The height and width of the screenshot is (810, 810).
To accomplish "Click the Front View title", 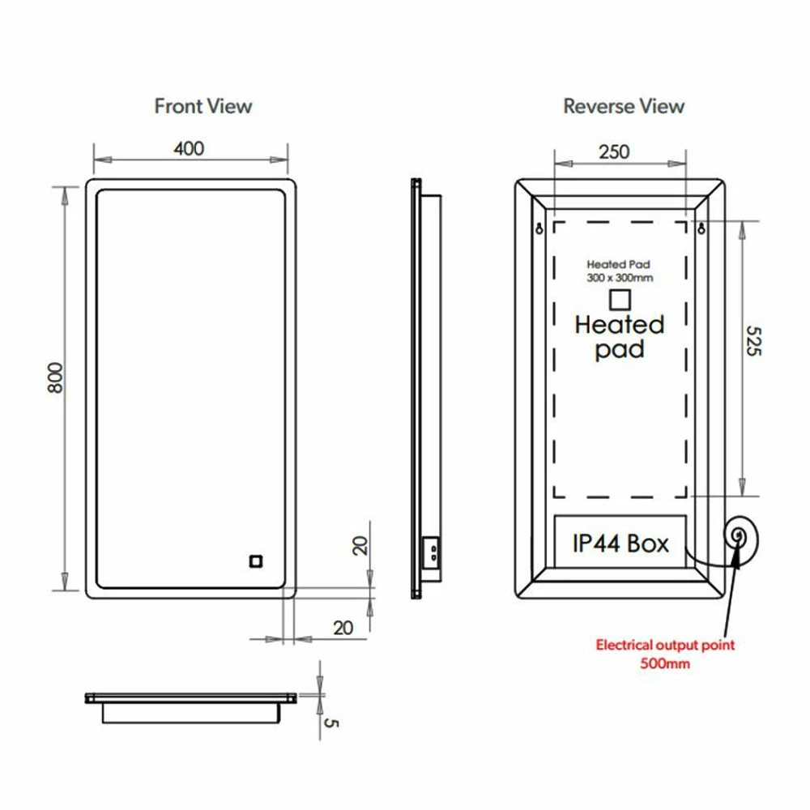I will click(203, 106).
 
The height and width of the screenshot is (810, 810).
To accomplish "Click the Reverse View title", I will click(624, 106).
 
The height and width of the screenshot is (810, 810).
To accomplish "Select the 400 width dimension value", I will click(189, 148).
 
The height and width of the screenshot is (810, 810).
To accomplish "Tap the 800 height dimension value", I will click(55, 377).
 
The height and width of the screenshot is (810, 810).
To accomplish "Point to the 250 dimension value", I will click(615, 151).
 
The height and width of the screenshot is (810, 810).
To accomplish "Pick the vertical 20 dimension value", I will click(360, 545).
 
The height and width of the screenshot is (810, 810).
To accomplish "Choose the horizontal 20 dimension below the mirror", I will click(343, 628).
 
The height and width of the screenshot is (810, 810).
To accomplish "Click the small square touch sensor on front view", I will click(256, 561).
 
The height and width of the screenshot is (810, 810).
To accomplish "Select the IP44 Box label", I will click(620, 544).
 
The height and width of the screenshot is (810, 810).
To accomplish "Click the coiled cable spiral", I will click(739, 536).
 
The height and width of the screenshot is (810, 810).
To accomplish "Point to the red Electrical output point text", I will click(665, 646).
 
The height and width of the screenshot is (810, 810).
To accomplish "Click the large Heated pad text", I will click(620, 337).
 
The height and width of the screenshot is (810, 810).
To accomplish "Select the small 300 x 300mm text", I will click(620, 277).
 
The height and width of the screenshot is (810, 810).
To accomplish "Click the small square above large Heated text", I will click(620, 299).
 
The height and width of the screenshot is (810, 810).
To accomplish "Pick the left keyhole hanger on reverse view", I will click(540, 228).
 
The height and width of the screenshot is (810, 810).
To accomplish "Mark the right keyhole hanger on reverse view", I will click(701, 228).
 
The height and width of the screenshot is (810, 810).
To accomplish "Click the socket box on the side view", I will click(433, 552).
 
